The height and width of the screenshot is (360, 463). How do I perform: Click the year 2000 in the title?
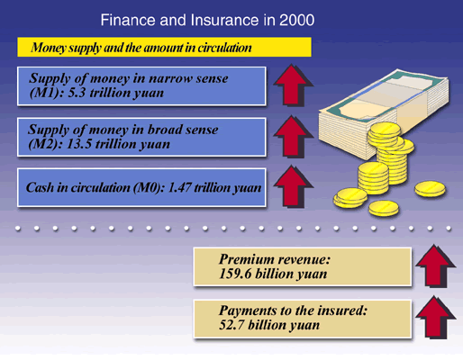tap(296, 21)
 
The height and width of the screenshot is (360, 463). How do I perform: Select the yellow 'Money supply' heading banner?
tap(164, 47)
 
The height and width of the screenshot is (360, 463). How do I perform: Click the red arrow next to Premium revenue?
tap(435, 266)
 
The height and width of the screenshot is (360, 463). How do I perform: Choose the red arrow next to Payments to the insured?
tap(435, 318)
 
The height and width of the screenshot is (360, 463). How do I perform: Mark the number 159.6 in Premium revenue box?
tap(235, 274)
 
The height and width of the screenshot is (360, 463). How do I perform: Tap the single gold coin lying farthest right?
tap(430, 189)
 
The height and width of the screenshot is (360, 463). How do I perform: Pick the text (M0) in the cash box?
tap(149, 188)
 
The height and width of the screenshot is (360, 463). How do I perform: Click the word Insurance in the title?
tap(224, 21)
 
